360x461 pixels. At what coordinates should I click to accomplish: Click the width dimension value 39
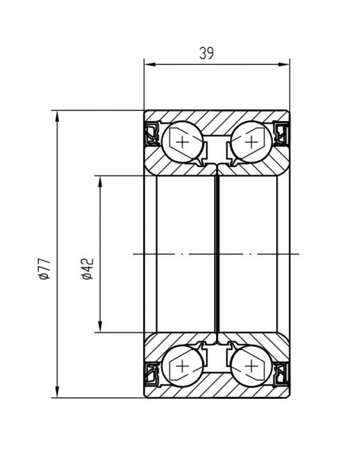click(207, 53)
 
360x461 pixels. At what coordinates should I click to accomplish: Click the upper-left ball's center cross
click(183, 142)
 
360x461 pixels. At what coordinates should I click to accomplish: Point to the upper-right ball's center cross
click(251, 142)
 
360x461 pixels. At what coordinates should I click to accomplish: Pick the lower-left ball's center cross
click(183, 366)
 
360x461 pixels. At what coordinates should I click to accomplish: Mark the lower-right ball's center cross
click(251, 366)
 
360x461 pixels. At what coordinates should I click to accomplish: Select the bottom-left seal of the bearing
click(152, 374)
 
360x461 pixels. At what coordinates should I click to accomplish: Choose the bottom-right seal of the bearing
click(281, 374)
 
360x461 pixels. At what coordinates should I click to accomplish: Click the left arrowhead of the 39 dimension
click(150, 65)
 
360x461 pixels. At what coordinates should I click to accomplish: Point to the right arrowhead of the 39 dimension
click(284, 65)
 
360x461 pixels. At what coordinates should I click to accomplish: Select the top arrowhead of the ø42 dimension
click(100, 182)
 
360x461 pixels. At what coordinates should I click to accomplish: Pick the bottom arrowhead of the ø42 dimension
click(100, 326)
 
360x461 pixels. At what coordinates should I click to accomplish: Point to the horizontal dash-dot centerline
click(216, 254)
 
